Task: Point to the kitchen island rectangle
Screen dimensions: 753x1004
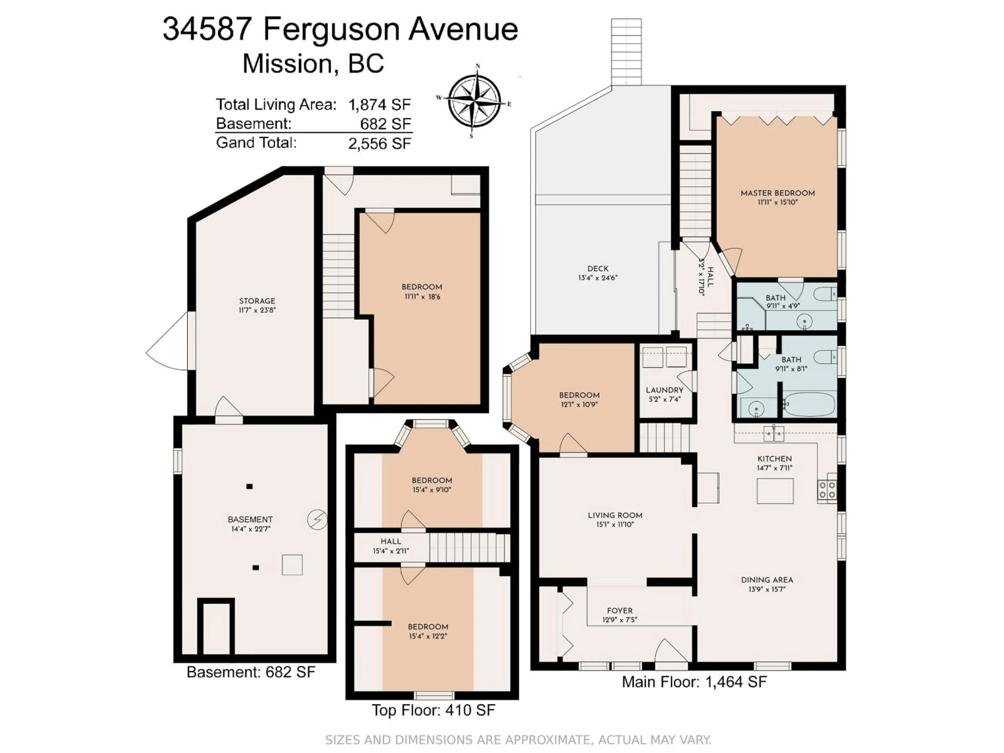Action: point(775,491)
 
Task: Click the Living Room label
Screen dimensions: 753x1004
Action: point(615,515)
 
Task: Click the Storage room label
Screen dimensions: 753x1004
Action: point(257,301)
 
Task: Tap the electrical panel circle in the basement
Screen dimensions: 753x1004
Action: point(317,520)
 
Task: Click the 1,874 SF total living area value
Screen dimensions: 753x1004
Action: point(379,105)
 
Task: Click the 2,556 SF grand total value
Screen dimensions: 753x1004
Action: point(379,144)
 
